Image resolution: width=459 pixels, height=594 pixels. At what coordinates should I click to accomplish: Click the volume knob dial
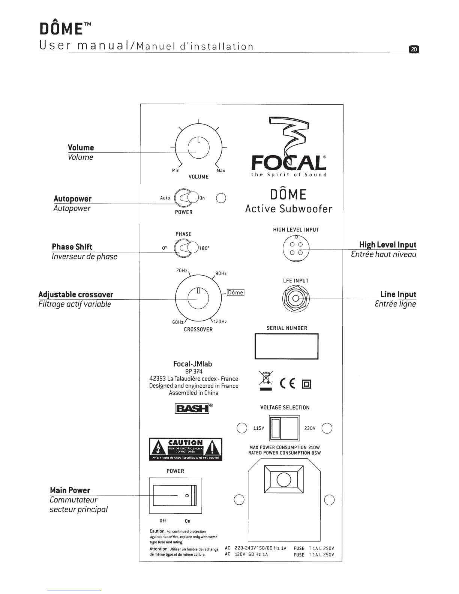[x=199, y=149]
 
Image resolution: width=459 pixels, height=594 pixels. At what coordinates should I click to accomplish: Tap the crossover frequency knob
[x=198, y=299]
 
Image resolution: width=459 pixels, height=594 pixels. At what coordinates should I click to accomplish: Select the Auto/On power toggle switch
[x=187, y=198]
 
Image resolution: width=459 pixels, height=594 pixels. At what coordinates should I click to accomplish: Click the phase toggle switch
[x=187, y=248]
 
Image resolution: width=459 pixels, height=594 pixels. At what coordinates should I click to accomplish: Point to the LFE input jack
[x=295, y=298]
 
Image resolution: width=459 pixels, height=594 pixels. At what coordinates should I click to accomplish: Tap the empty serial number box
[x=286, y=346]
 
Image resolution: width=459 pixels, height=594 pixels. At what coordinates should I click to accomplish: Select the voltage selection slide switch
[x=284, y=428]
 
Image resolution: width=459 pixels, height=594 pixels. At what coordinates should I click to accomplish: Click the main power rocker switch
[x=175, y=496]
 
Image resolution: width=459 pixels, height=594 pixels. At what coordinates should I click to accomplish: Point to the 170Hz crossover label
[x=220, y=322]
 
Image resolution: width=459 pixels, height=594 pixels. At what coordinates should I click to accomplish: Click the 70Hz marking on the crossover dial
[x=181, y=270]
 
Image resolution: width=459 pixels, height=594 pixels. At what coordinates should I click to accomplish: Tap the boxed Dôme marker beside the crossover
[x=235, y=292]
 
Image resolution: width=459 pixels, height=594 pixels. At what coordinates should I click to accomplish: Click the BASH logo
[x=192, y=408]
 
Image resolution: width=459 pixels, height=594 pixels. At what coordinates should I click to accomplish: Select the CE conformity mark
[x=288, y=383]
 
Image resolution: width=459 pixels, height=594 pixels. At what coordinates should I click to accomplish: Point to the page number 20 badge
[x=414, y=49]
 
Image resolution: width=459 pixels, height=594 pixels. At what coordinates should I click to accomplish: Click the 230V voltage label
[x=310, y=428]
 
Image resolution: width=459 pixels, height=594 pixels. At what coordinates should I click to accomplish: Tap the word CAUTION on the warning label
[x=185, y=442]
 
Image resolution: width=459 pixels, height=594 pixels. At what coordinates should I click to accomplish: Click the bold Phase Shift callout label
[x=72, y=247]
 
